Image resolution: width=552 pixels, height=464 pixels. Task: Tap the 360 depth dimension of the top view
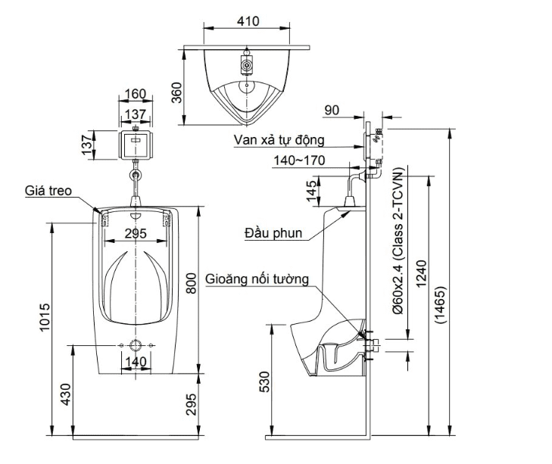[x=177, y=92]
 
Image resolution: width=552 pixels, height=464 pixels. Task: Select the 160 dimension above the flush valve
[x=135, y=95]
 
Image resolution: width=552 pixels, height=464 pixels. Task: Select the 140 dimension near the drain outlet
[x=135, y=363]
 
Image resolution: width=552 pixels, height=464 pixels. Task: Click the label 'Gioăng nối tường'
[x=257, y=279]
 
